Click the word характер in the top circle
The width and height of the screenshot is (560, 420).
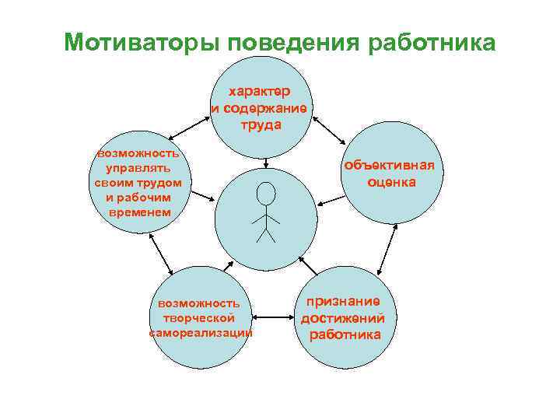click(261, 92)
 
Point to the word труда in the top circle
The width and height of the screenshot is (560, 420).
click(261, 124)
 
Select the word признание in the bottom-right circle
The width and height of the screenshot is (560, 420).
click(343, 301)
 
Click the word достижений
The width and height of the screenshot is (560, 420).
click(343, 318)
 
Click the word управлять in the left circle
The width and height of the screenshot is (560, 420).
click(138, 168)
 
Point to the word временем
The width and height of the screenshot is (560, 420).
click(138, 212)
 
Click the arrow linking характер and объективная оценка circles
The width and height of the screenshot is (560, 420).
click(330, 129)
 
